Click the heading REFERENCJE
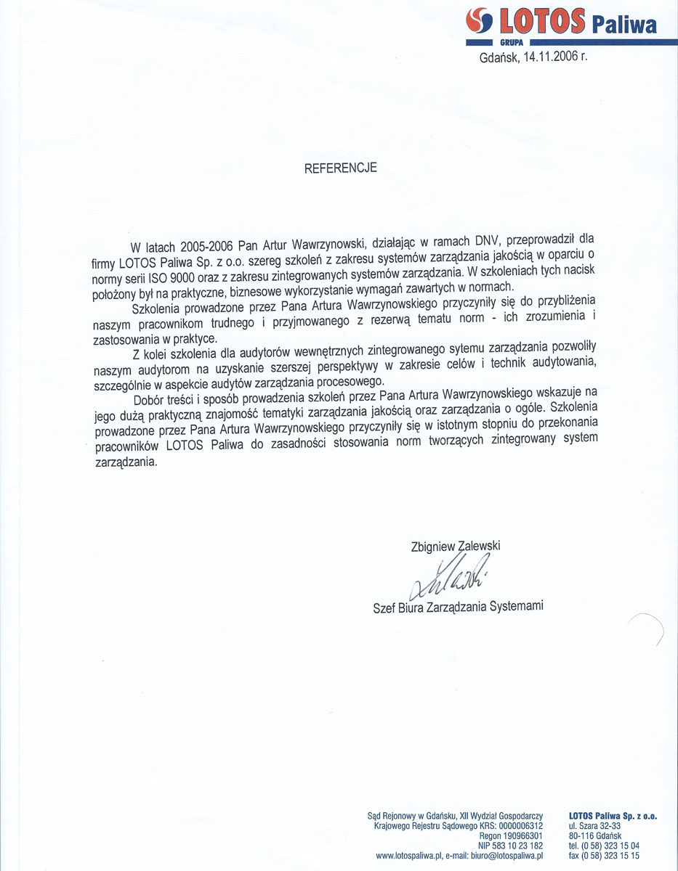tap(340, 168)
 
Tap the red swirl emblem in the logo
tap(478, 21)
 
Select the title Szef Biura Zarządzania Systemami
tap(458, 606)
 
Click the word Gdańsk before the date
tap(499, 59)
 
